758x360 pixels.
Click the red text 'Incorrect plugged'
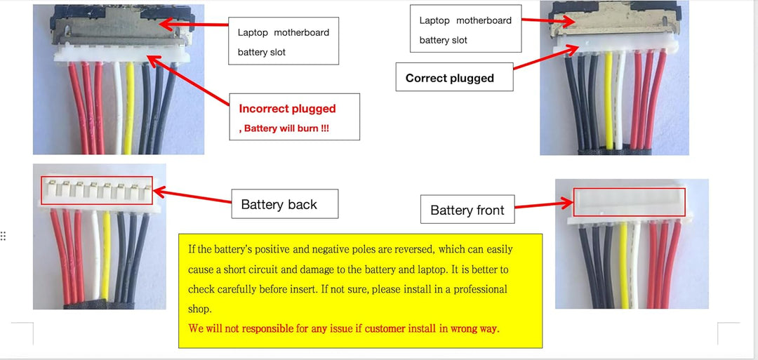click(287, 108)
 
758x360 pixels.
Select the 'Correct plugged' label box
click(454, 76)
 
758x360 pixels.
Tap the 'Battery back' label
click(285, 204)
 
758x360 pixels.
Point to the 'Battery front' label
click(467, 209)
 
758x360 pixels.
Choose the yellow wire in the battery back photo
click(107, 255)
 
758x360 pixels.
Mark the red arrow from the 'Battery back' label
click(192, 196)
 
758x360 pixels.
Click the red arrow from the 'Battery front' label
click(544, 205)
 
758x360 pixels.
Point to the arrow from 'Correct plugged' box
click(546, 58)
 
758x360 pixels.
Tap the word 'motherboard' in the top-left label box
click(302, 32)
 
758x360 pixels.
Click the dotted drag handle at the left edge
click(3, 236)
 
